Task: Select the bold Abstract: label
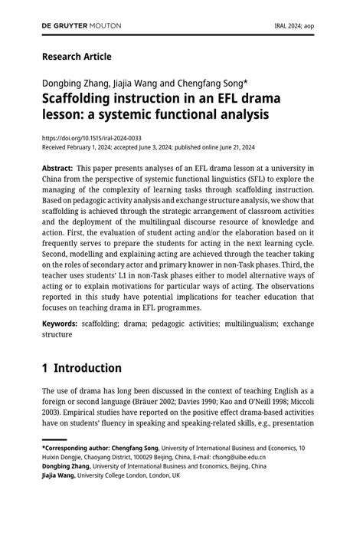click(x=57, y=168)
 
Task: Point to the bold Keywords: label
click(x=60, y=324)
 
